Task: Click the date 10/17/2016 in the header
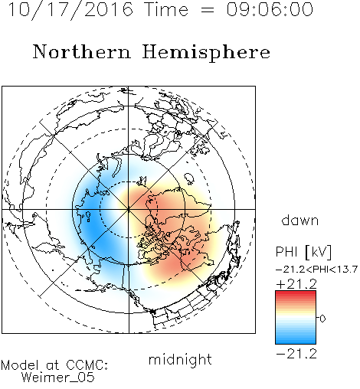tap(70, 10)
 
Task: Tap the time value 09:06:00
tap(270, 9)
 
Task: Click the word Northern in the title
tap(82, 51)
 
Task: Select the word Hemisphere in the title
tap(206, 53)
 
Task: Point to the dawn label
tap(300, 221)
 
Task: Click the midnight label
tap(180, 359)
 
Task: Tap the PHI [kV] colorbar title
tap(303, 253)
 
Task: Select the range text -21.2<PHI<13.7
tap(316, 270)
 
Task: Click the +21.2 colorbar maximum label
tap(296, 284)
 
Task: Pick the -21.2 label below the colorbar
tap(296, 354)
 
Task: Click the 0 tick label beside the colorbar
tap(322, 319)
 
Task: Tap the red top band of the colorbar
tap(296, 293)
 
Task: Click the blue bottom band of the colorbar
tap(296, 342)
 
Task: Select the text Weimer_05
tap(58, 377)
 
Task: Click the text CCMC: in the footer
tap(87, 365)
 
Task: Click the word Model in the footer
tap(20, 365)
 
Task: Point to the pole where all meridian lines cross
tap(129, 209)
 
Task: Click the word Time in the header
tap(166, 9)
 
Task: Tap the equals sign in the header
tap(208, 10)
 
